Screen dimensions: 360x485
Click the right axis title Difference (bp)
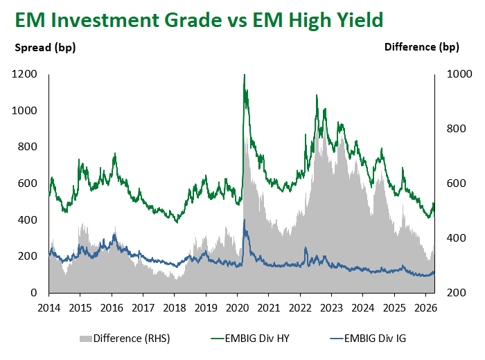coord(422,47)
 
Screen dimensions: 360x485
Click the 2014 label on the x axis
coord(49,307)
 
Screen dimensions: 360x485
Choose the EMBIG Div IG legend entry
coord(369,339)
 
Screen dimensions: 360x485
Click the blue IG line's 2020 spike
coord(244,220)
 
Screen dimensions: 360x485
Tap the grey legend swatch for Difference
coord(86,339)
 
